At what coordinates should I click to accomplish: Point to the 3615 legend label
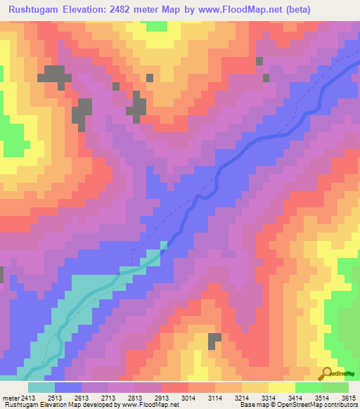tap(349, 398)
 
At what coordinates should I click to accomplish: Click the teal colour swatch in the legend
tap(41, 387)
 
